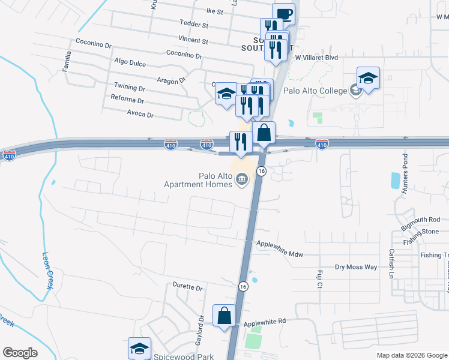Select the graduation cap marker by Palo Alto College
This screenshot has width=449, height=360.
pos(368,78)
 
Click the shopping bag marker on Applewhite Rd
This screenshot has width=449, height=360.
pos(224,315)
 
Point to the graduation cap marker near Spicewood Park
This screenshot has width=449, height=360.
pos(139,348)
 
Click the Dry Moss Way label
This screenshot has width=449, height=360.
pos(356,266)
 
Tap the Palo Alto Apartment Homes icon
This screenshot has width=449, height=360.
pos(242,179)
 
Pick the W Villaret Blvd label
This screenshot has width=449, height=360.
pos(316,58)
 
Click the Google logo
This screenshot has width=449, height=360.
pos(20,353)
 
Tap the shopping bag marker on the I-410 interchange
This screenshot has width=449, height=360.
pos(264,133)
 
